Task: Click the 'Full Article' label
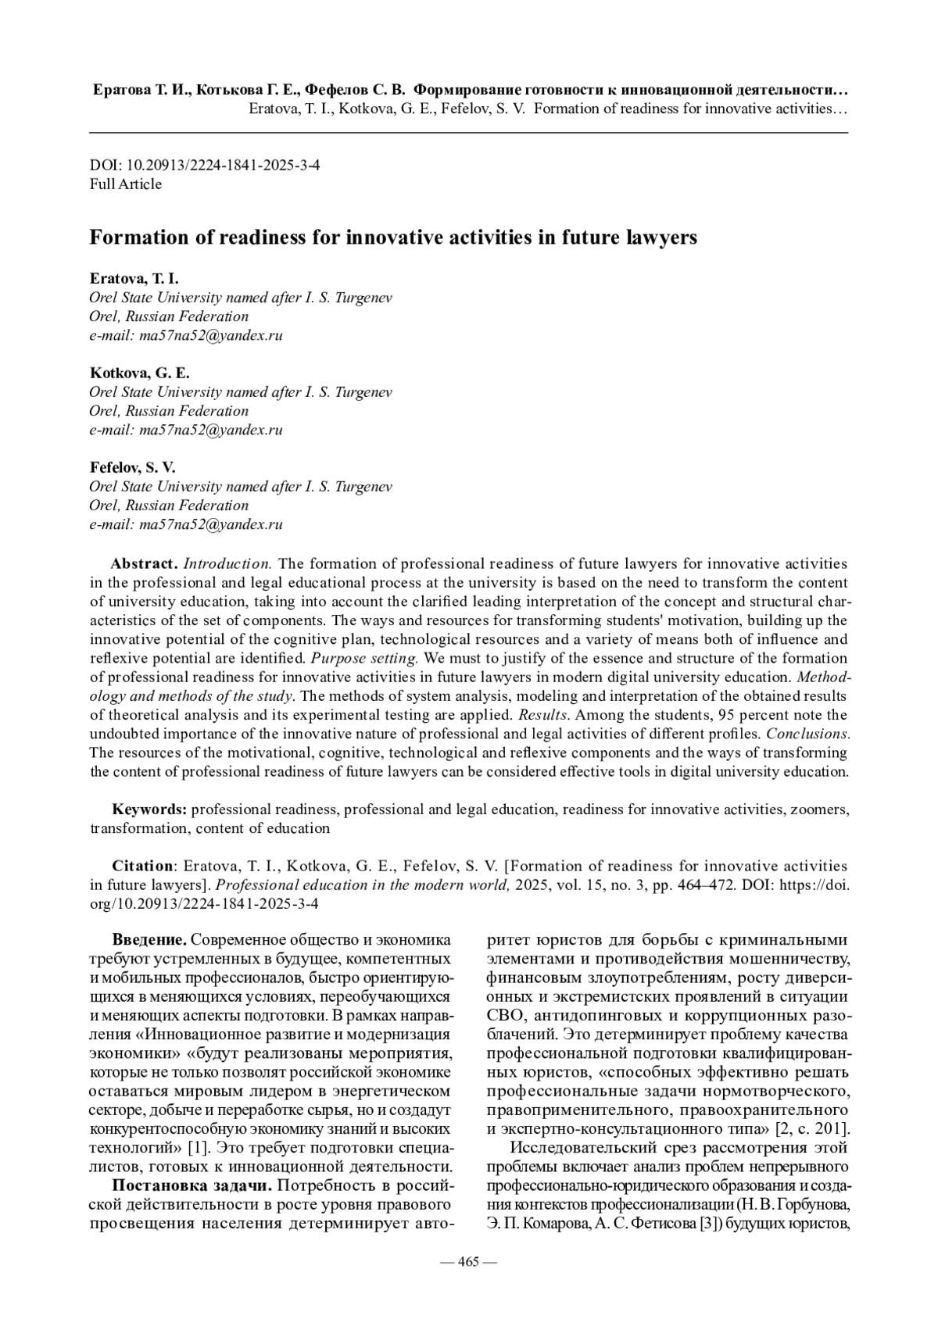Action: (x=126, y=184)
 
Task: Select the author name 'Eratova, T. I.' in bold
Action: (x=134, y=279)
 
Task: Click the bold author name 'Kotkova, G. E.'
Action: (x=139, y=373)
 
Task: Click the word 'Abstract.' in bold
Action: (x=145, y=563)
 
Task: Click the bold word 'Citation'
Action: (x=143, y=866)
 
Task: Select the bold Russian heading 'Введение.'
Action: (x=149, y=939)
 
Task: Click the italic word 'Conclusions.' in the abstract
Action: (x=807, y=734)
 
